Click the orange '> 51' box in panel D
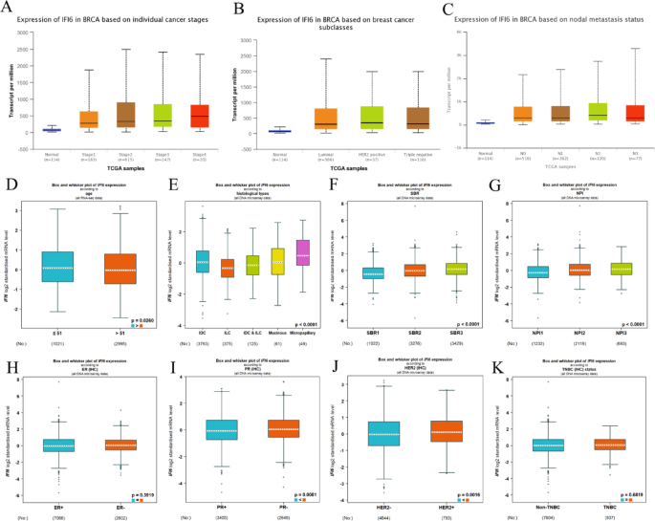(x=120, y=254)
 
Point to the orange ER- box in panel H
(x=119, y=417)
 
